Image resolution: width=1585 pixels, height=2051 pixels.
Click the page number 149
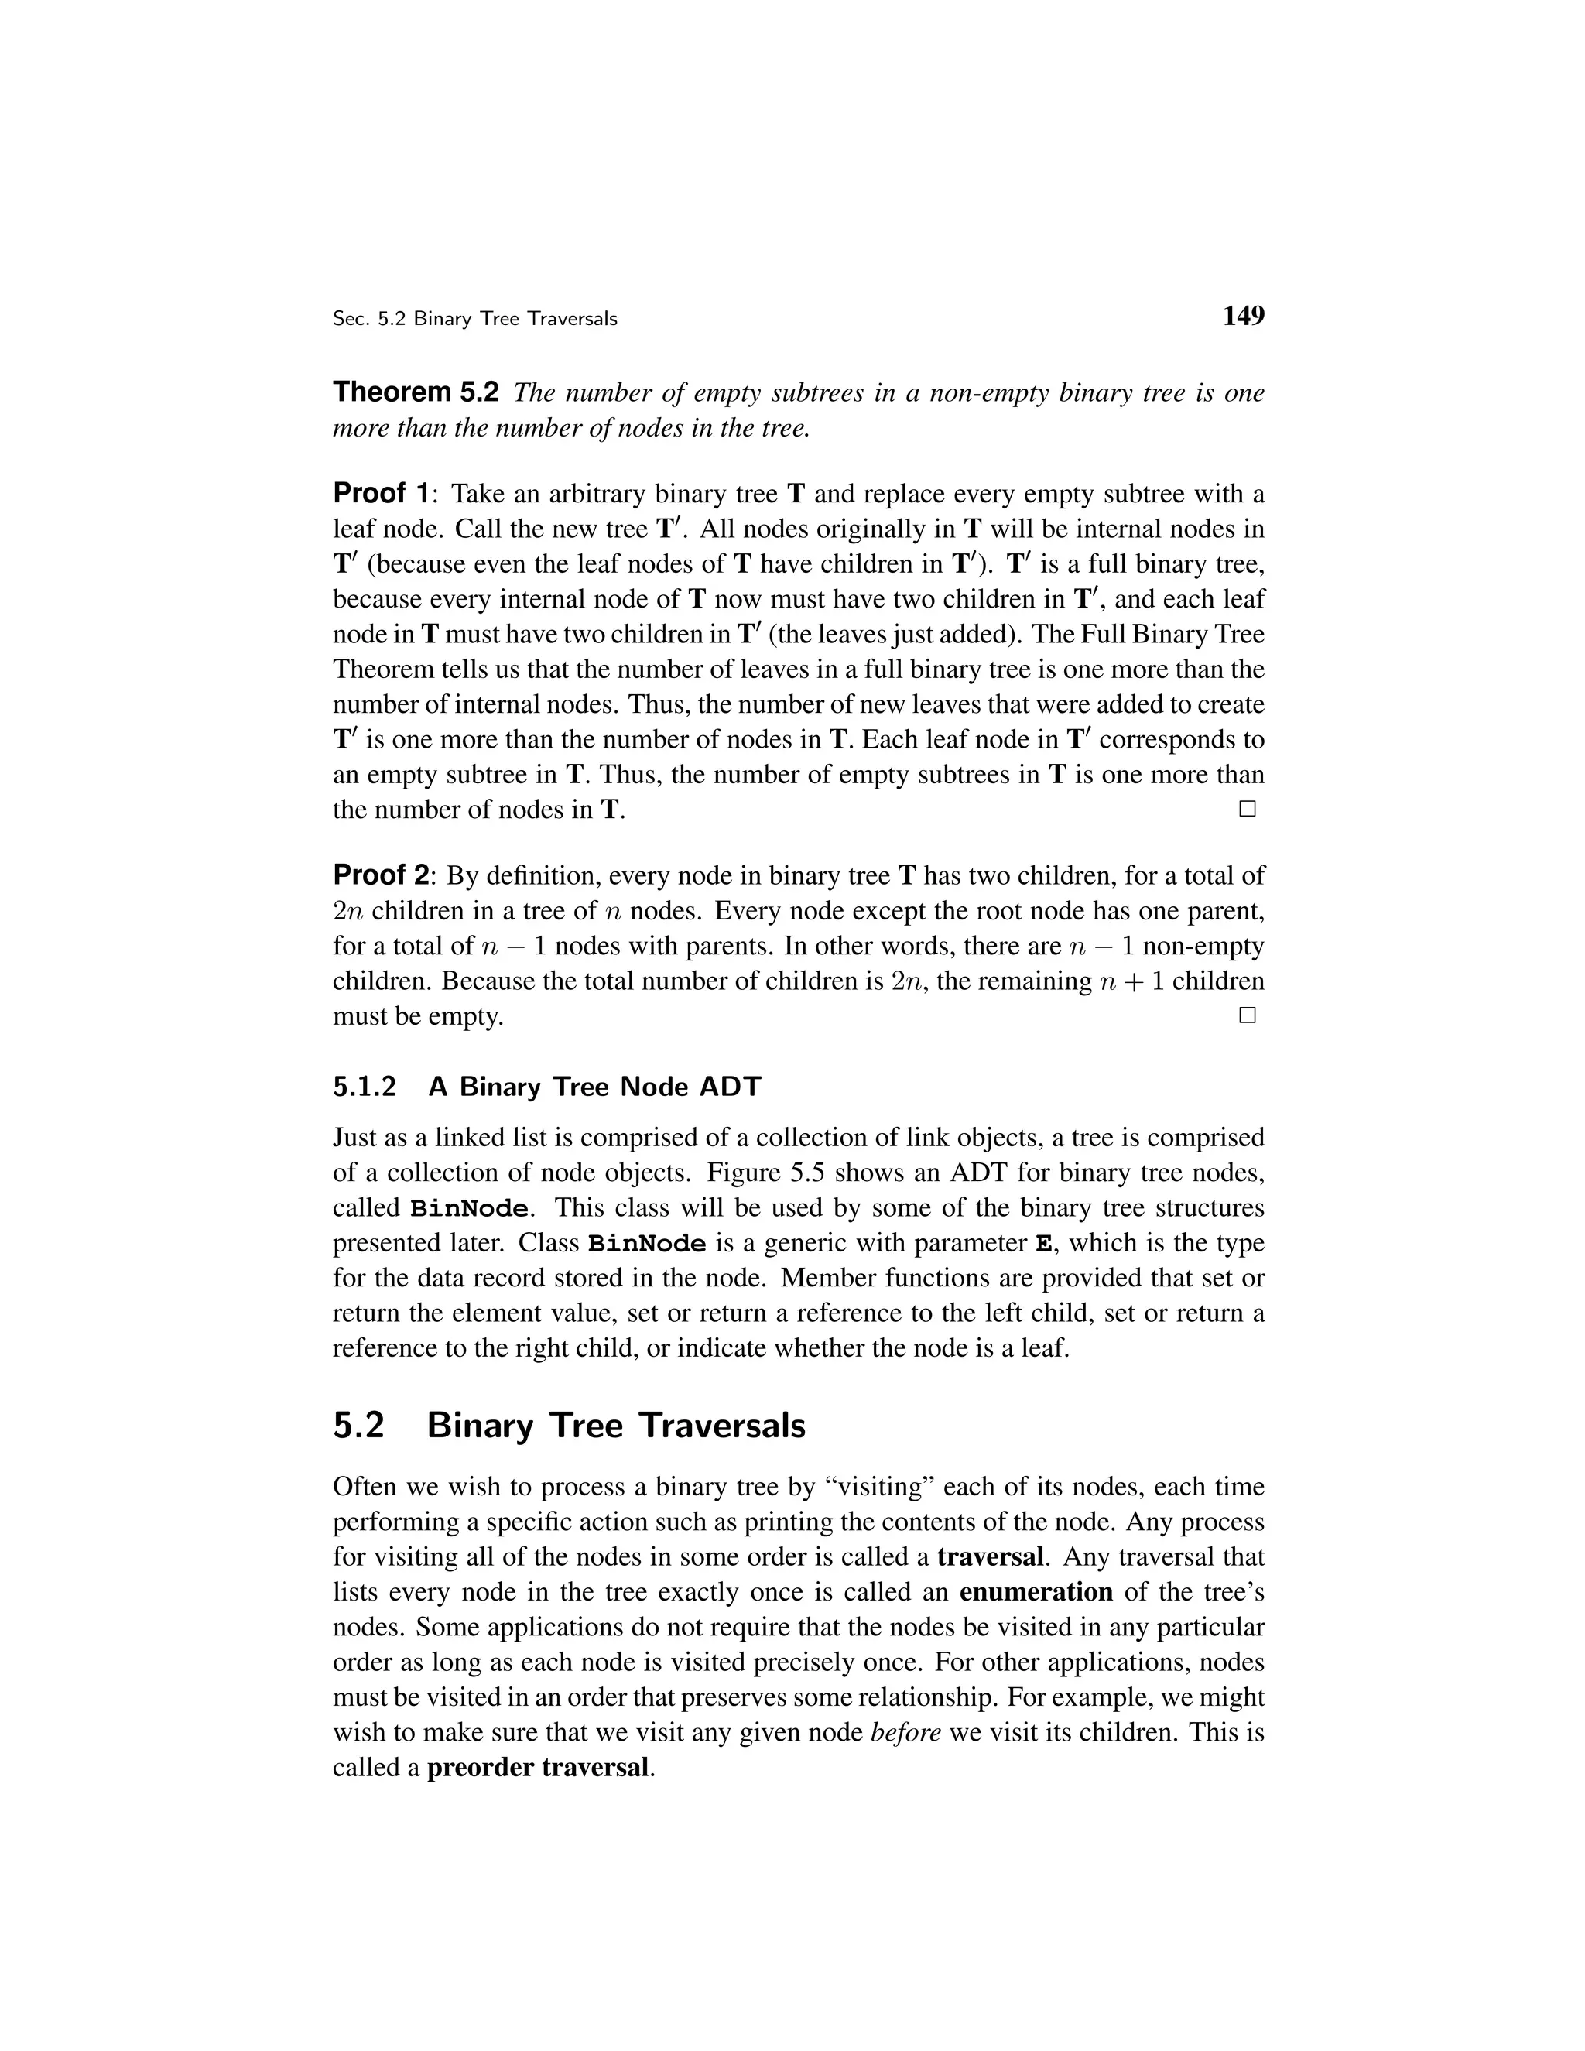click(x=1242, y=317)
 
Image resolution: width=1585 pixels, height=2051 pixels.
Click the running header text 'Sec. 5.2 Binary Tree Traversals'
click(x=474, y=320)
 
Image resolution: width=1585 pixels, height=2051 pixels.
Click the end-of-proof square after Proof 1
click(x=1247, y=809)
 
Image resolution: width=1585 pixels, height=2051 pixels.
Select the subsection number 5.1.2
click(x=365, y=1087)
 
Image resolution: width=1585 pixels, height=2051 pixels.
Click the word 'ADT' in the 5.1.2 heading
click(x=730, y=1087)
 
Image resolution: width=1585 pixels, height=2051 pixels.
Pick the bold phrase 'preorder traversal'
click(x=538, y=1768)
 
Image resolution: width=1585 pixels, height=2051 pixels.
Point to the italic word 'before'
click(x=905, y=1733)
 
